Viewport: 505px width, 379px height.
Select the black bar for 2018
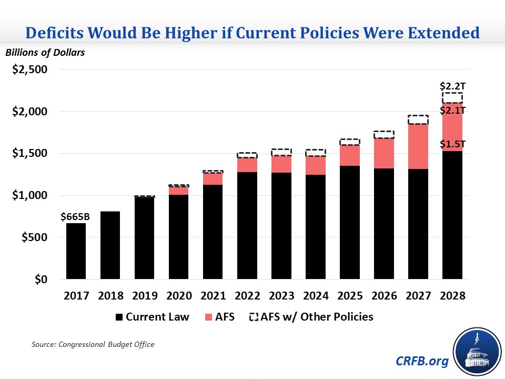110,245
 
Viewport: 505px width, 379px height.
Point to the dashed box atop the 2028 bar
452,98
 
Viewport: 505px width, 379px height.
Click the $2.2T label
452,86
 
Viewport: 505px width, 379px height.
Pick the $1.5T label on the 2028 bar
452,143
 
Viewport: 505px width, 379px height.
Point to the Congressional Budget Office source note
93,344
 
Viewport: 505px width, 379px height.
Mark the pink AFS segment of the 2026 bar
384,153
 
